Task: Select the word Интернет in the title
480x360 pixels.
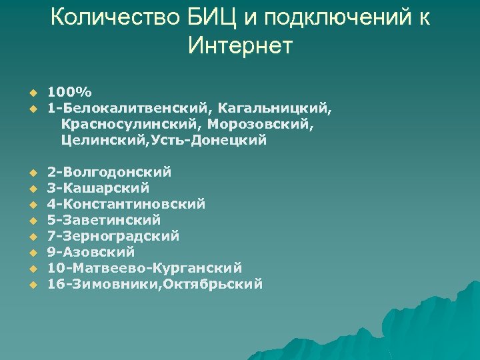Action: point(240,46)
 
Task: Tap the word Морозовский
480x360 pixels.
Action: point(259,124)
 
